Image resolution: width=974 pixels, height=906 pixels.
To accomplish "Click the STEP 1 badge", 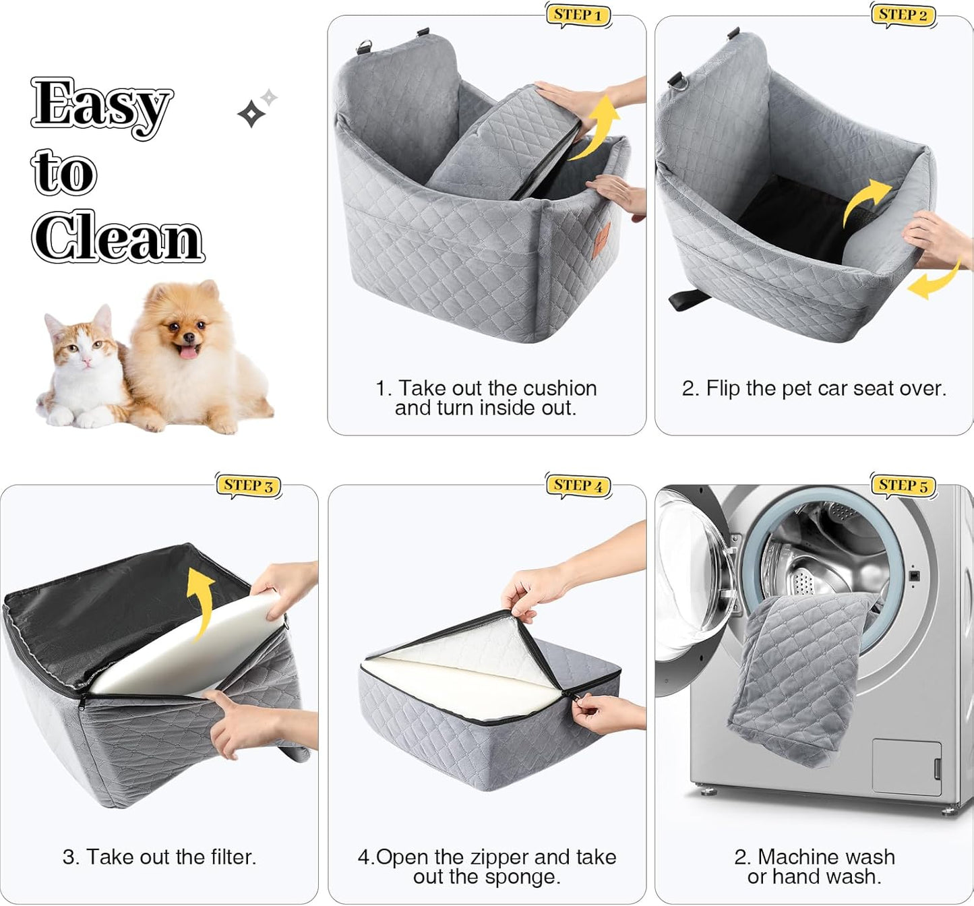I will (578, 15).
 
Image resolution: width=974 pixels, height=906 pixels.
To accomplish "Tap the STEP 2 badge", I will (903, 15).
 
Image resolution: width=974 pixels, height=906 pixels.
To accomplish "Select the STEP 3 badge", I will (248, 485).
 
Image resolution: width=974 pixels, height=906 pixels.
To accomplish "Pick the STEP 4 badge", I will (578, 485).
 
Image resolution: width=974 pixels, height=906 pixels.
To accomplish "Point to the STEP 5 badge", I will (903, 485).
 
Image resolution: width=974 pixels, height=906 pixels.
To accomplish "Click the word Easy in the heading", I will (101, 104).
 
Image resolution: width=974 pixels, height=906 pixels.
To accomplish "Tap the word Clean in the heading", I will (118, 237).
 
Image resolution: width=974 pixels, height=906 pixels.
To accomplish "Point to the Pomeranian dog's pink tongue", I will (188, 351).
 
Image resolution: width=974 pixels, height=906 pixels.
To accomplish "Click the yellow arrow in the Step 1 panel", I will (597, 128).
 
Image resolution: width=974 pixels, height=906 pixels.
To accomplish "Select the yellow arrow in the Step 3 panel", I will (201, 600).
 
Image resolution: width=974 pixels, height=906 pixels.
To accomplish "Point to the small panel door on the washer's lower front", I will (906, 766).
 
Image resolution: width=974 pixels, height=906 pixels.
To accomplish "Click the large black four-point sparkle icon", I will (251, 114).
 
